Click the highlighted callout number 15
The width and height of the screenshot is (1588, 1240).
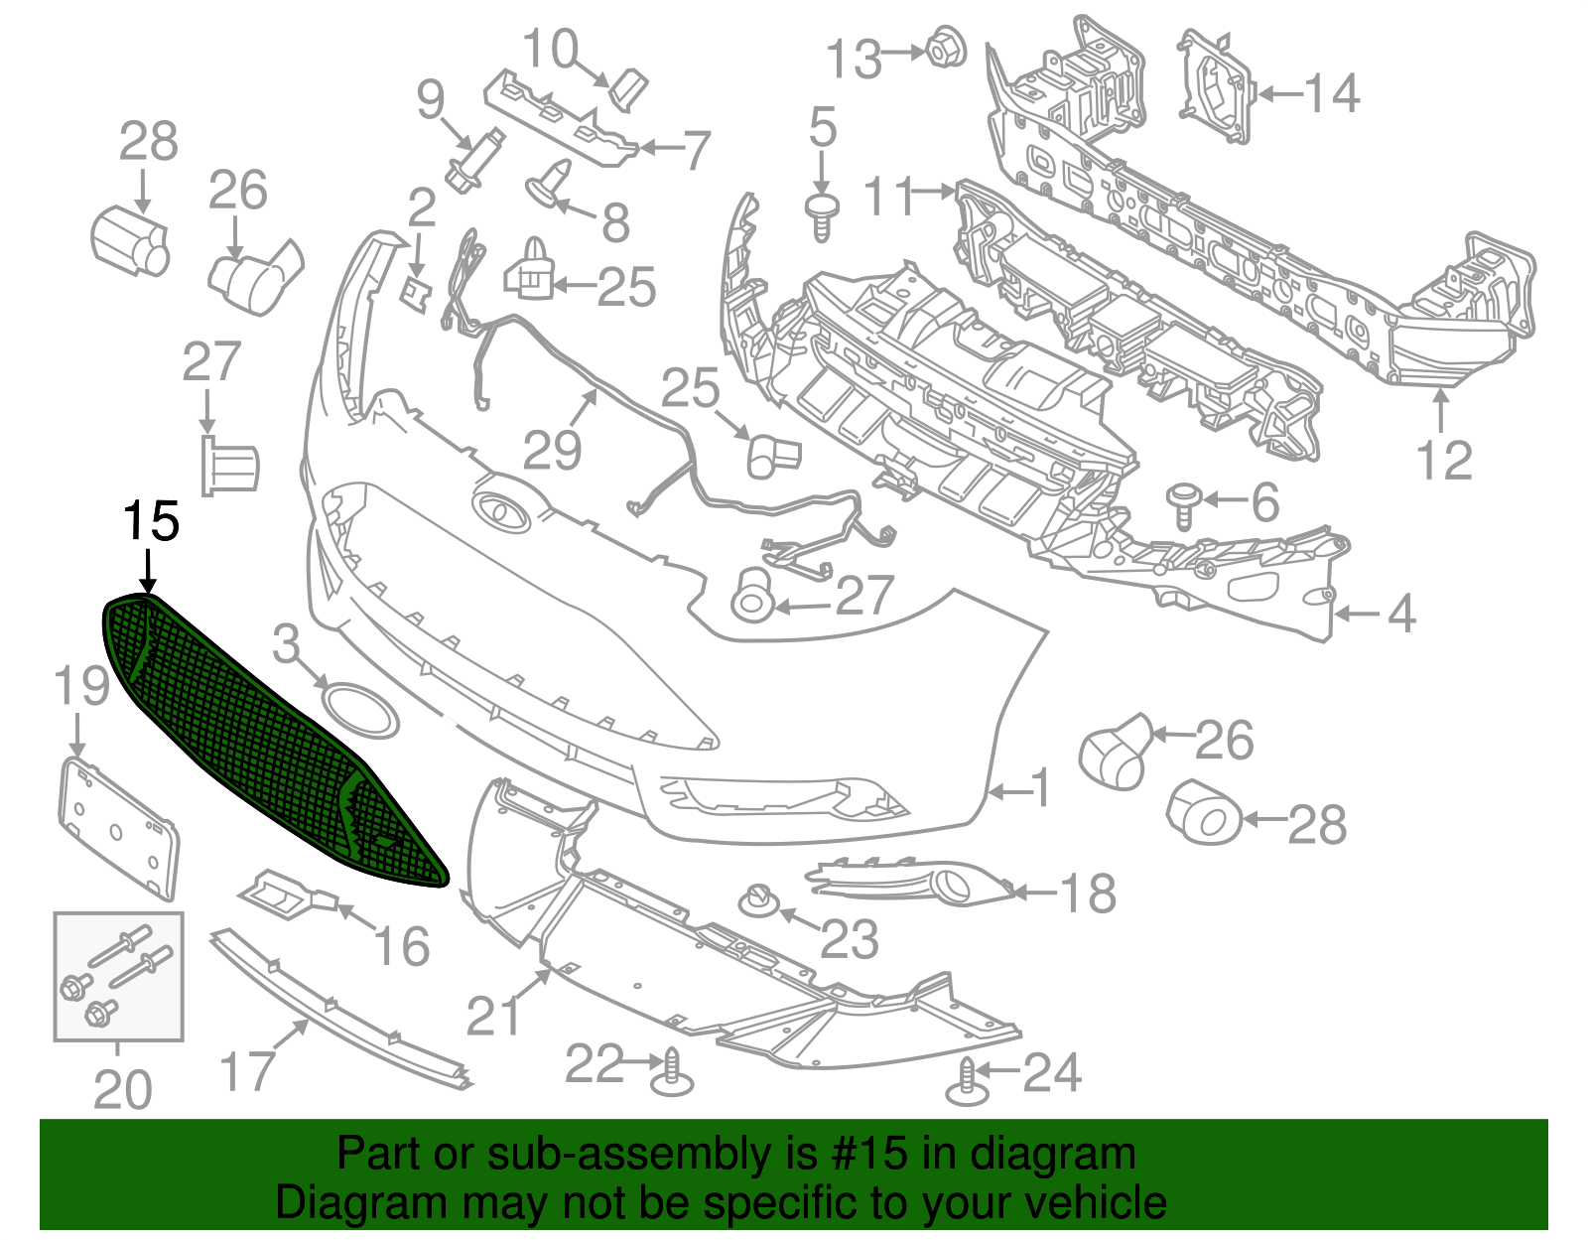click(x=151, y=522)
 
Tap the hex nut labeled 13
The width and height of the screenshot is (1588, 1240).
click(x=946, y=48)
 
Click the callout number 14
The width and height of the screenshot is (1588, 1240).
click(x=1332, y=93)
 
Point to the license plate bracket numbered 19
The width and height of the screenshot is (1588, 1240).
click(x=117, y=829)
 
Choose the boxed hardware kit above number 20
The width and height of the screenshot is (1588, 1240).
click(x=118, y=976)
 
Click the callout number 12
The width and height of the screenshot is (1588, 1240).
click(x=1444, y=461)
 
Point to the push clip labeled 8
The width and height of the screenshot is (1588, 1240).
click(x=550, y=183)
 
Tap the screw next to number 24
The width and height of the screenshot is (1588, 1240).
click(x=967, y=1082)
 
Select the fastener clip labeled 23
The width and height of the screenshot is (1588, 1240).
click(x=758, y=901)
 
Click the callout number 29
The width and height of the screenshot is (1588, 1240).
click(x=552, y=451)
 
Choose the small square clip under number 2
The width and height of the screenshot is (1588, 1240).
click(x=416, y=292)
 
